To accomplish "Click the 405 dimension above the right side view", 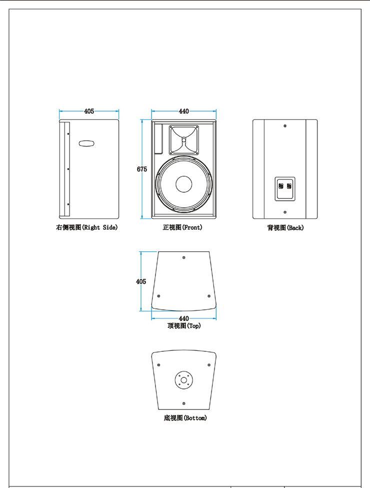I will point(89,111).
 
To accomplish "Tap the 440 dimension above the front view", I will point(183,111).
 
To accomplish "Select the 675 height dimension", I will point(142,169).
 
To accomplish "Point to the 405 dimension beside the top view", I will point(141,282).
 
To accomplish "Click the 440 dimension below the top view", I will point(183,318).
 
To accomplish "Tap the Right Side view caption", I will point(86,228).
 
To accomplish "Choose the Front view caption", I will point(182,228).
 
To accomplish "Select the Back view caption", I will point(285,228).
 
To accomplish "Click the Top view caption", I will point(183,326).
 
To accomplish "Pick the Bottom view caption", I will point(184,418).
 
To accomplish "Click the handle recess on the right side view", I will point(86,143).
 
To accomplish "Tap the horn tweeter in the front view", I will point(183,140).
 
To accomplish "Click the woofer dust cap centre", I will point(183,183).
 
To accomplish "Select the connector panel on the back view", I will point(284,187).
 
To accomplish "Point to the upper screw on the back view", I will point(285,126).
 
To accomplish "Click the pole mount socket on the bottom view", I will point(184,380).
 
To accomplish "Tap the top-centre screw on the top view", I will point(184,257).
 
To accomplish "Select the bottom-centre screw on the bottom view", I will point(184,403).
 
